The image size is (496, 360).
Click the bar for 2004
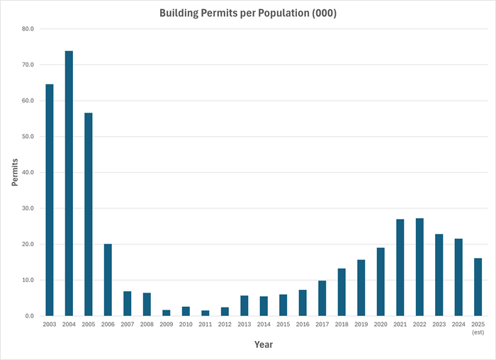69,184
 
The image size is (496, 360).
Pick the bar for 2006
108,280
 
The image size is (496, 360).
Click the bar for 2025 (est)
478,287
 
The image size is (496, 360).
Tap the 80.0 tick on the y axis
28,29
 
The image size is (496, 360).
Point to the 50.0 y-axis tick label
28,137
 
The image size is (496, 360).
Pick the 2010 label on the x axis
186,325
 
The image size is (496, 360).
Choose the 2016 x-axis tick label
303,325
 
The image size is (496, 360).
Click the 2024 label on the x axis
458,325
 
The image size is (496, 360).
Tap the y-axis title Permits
15,173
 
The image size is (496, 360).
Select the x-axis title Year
264,344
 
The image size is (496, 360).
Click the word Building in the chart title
181,13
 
